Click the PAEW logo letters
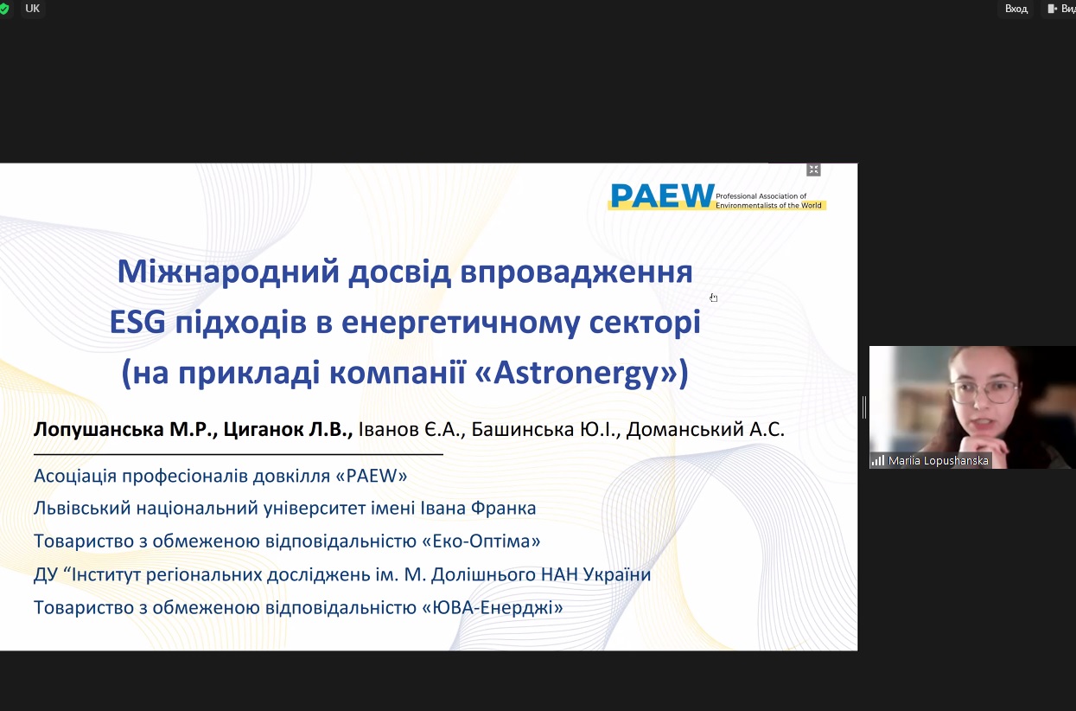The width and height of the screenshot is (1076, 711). point(662,196)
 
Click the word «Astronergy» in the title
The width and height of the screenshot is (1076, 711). point(576,373)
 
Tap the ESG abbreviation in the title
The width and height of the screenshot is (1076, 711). point(137,322)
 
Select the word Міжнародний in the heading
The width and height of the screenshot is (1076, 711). point(229,272)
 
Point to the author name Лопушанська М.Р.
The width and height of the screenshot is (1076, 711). point(126,429)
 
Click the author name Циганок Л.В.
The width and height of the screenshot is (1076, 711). point(288,429)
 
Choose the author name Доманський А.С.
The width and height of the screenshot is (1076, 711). point(705,429)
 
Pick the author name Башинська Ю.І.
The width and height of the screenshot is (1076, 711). point(546,429)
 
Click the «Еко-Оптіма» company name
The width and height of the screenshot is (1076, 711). point(481,541)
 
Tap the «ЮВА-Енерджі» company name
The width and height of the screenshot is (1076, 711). point(493,608)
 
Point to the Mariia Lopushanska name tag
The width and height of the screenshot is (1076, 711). point(938,460)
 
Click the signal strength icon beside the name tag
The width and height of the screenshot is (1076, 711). point(877,460)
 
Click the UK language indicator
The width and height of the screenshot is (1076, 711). point(32,9)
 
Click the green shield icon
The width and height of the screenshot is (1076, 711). point(4,10)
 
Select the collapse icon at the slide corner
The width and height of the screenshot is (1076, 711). point(813,170)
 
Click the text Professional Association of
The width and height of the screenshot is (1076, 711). point(761,196)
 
